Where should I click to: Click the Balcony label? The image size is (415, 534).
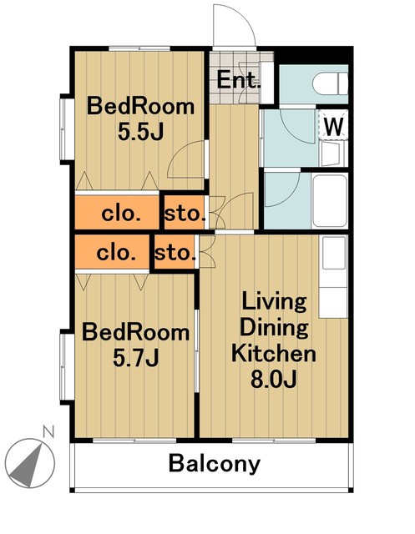pyautogui.click(x=215, y=464)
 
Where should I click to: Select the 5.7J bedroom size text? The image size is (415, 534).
pyautogui.click(x=135, y=358)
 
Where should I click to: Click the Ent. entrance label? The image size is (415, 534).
pyautogui.click(x=238, y=80)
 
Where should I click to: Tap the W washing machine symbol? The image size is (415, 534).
pyautogui.click(x=333, y=127)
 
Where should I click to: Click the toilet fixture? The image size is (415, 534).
pyautogui.click(x=330, y=83)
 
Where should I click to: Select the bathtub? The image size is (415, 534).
pyautogui.click(x=330, y=201)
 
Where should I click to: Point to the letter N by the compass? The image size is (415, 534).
pyautogui.click(x=48, y=431)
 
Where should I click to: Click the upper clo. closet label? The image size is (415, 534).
pyautogui.click(x=121, y=214)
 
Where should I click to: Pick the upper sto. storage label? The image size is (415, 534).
pyautogui.click(x=185, y=214)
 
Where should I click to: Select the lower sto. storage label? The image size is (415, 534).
pyautogui.click(x=175, y=253)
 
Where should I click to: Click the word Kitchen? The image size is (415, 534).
pyautogui.click(x=274, y=353)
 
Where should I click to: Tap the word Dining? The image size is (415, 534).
pyautogui.click(x=274, y=328)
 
